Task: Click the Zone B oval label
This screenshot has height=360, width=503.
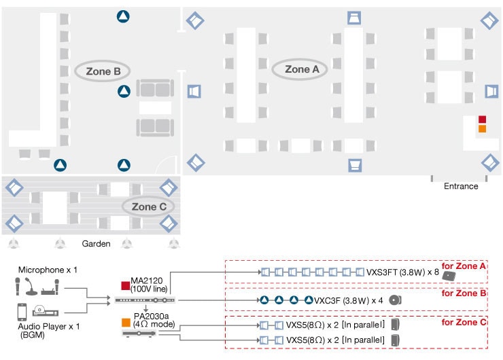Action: click(103, 71)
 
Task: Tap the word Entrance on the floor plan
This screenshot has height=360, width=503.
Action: click(461, 186)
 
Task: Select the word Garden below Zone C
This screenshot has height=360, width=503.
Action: click(96, 243)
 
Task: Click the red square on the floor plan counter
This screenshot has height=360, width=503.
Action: click(482, 120)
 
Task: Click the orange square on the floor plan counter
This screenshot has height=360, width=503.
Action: click(482, 129)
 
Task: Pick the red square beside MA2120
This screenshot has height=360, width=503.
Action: click(124, 285)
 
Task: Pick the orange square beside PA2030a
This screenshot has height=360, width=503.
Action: click(124, 322)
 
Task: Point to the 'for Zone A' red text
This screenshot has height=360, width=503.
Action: click(464, 266)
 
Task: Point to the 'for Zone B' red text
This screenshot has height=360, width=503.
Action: click(464, 293)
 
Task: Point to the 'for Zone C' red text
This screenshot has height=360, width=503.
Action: click(464, 322)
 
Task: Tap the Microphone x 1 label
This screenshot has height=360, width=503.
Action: click(48, 270)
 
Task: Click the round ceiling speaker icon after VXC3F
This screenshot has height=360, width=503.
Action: click(396, 300)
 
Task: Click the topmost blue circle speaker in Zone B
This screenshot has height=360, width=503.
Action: click(123, 16)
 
